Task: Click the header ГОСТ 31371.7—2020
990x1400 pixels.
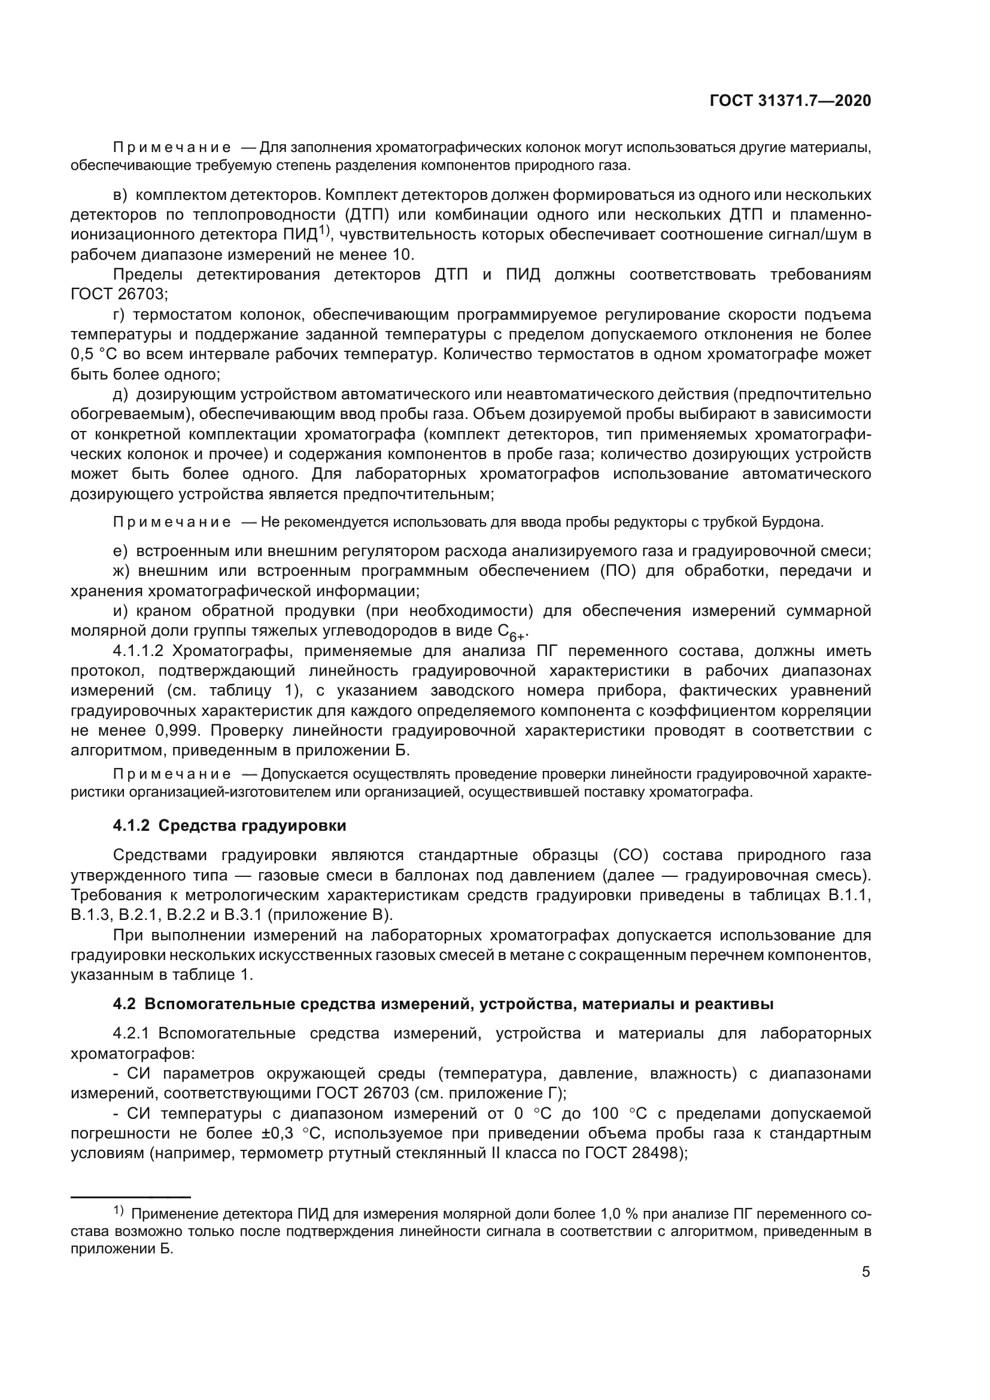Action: (790, 101)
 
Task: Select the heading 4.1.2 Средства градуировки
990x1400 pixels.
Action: (229, 825)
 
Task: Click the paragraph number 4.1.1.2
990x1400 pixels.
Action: (138, 651)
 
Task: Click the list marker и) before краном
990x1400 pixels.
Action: (120, 611)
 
